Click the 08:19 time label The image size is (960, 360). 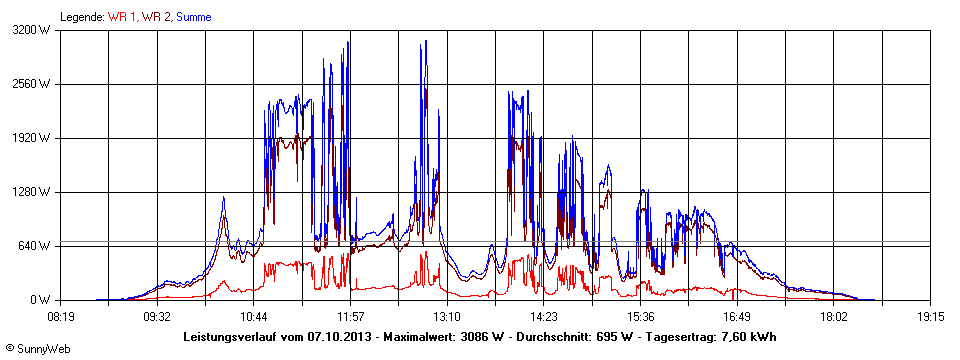pos(60,316)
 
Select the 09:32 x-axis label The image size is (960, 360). pos(157,316)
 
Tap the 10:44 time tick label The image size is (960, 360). pos(254,316)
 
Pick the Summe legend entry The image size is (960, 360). pos(193,17)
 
